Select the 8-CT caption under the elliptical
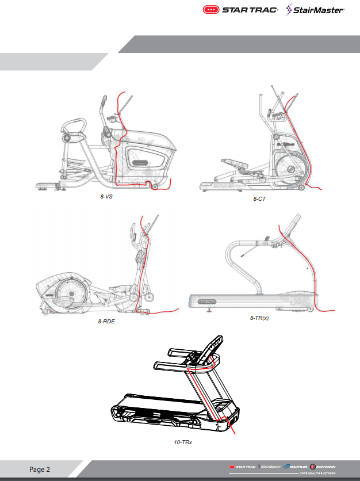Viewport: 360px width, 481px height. [259, 198]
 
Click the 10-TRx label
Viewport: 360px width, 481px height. [182, 443]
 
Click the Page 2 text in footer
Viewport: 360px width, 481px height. [40, 469]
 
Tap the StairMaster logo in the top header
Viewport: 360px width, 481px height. [316, 10]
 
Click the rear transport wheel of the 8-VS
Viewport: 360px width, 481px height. [154, 188]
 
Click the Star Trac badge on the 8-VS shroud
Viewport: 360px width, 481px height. [140, 162]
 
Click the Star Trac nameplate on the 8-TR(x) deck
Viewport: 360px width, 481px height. [206, 300]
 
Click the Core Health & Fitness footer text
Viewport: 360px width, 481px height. [321, 473]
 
